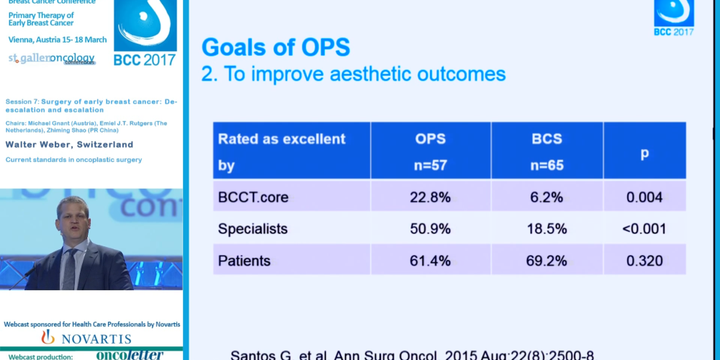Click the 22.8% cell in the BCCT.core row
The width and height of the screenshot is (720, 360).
coord(431,197)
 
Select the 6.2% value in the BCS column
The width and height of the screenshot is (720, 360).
coord(547,197)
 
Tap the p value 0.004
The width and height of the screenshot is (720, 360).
coord(644,197)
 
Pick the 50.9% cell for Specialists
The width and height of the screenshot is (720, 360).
coord(431,229)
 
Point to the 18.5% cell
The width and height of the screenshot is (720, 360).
coord(547,229)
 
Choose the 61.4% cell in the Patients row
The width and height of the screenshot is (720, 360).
coord(431,261)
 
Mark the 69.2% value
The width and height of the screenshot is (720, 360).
coord(547,261)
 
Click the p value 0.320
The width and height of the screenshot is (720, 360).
coord(644,261)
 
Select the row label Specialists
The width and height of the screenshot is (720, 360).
coord(253,229)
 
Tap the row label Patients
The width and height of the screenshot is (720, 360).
coord(245,261)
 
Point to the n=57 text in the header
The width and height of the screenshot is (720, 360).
coord(431,165)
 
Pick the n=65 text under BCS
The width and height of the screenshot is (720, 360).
coord(547,165)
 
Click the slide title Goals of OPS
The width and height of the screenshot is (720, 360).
coord(276,48)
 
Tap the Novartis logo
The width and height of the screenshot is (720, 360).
coord(86,338)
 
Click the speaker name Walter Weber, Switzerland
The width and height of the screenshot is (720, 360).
coord(70,145)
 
